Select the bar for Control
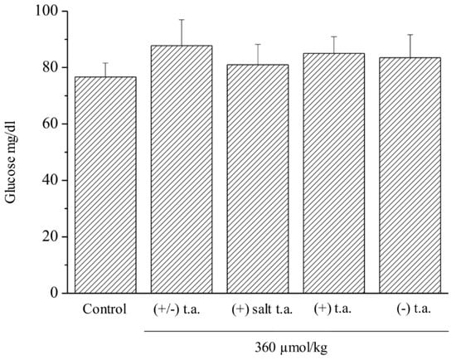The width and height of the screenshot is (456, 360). tap(105, 184)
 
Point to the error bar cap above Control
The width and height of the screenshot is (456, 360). tap(105, 63)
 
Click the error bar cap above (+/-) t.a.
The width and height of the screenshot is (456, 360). tap(182, 19)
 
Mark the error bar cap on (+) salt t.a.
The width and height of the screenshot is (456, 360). tap(258, 45)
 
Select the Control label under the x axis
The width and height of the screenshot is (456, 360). tap(105, 310)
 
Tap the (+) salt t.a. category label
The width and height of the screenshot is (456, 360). tap(258, 310)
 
